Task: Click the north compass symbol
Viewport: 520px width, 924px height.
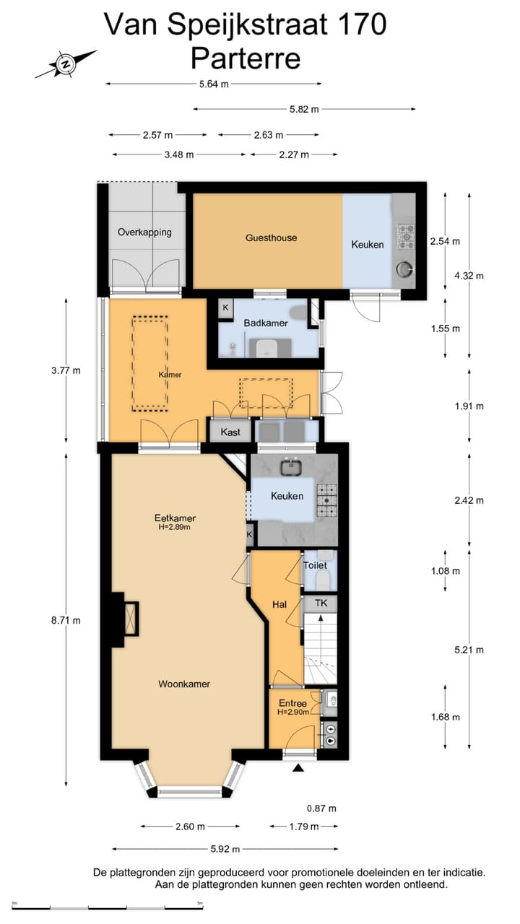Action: [x=66, y=64]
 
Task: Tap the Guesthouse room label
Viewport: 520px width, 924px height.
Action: [x=271, y=237]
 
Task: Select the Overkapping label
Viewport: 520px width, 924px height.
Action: [x=144, y=232]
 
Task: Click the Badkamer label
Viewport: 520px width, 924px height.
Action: [x=265, y=323]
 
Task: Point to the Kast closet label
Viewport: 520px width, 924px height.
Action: [x=230, y=432]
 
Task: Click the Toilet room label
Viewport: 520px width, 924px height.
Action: [x=315, y=565]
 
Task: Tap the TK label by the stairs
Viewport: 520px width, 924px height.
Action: [x=321, y=603]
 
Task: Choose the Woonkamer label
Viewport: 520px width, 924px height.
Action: [x=184, y=684]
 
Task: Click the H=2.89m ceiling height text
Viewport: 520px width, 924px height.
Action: [x=174, y=527]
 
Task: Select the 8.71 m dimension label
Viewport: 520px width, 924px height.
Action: [x=66, y=620]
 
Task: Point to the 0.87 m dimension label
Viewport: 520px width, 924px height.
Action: [x=321, y=808]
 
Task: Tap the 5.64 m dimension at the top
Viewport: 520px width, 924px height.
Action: [x=214, y=84]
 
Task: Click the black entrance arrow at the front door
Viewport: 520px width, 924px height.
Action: [x=299, y=767]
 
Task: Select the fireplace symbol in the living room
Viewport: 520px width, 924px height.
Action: [x=131, y=619]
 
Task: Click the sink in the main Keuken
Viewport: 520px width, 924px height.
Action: [x=292, y=466]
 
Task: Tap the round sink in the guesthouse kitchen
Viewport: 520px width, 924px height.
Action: [x=404, y=269]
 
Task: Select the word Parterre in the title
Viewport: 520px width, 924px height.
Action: [x=246, y=58]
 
